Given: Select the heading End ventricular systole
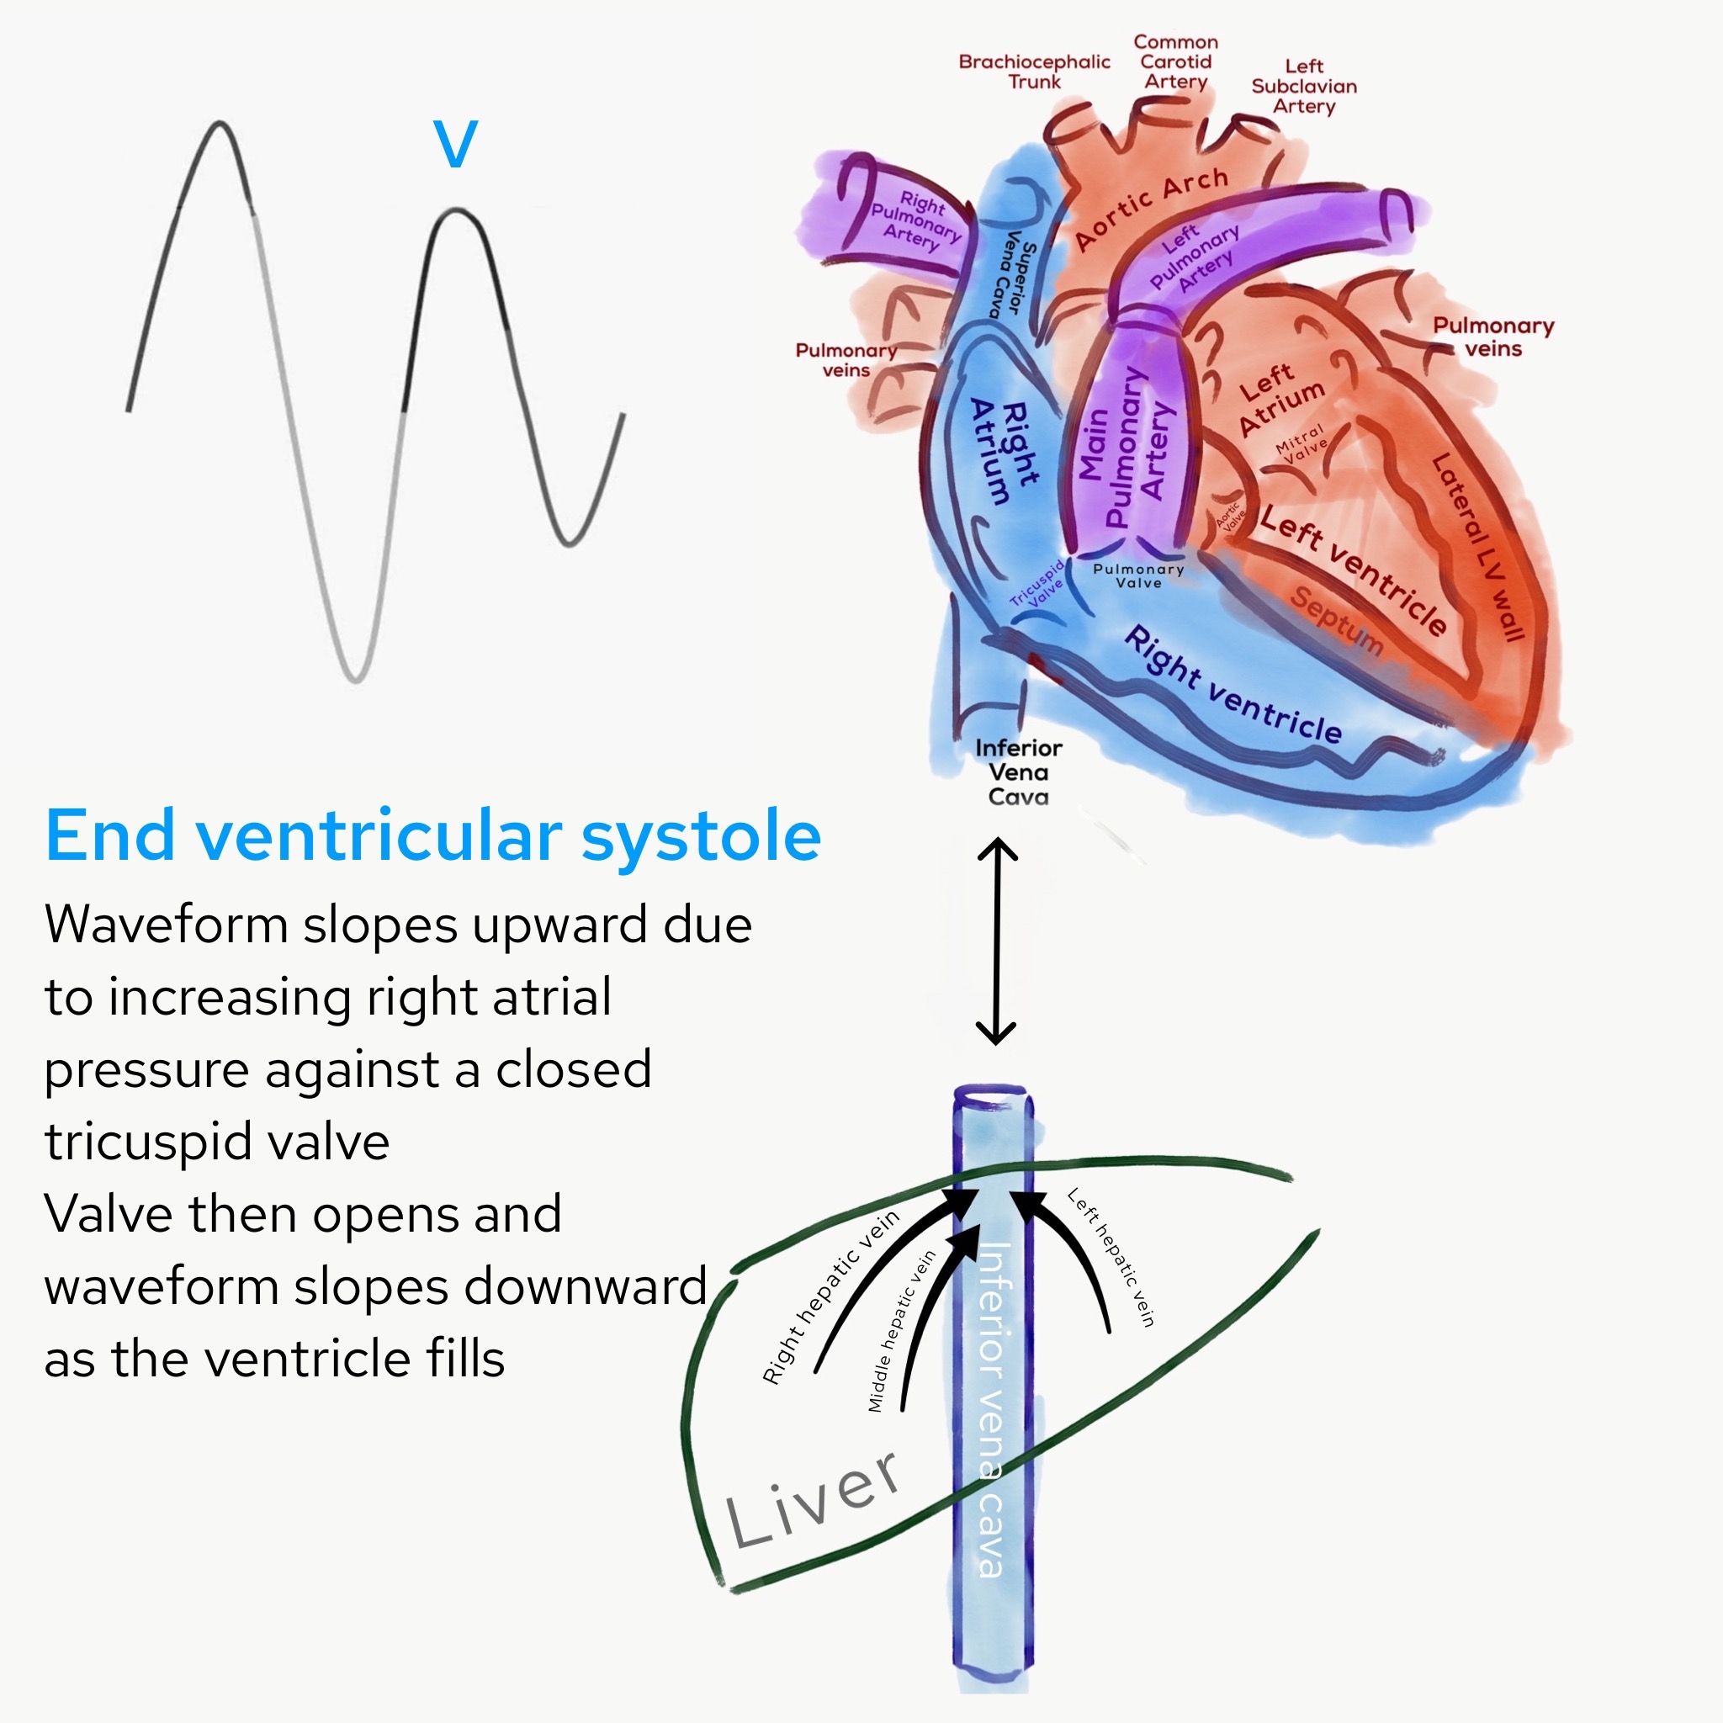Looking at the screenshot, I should click(432, 835).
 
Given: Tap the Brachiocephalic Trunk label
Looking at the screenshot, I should click(1034, 72).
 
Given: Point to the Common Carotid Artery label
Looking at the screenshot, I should click(1175, 61).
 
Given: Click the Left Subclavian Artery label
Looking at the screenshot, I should click(1304, 87).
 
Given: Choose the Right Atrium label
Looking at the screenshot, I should click(1004, 451).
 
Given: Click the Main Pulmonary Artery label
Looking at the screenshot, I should click(1126, 446).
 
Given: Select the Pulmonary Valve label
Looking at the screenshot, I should click(1139, 576).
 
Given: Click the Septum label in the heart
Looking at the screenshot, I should click(1336, 621).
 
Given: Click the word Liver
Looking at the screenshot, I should click(812, 1498).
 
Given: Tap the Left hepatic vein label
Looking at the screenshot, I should click(1111, 1258).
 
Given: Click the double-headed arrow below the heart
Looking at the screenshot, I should click(996, 941).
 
